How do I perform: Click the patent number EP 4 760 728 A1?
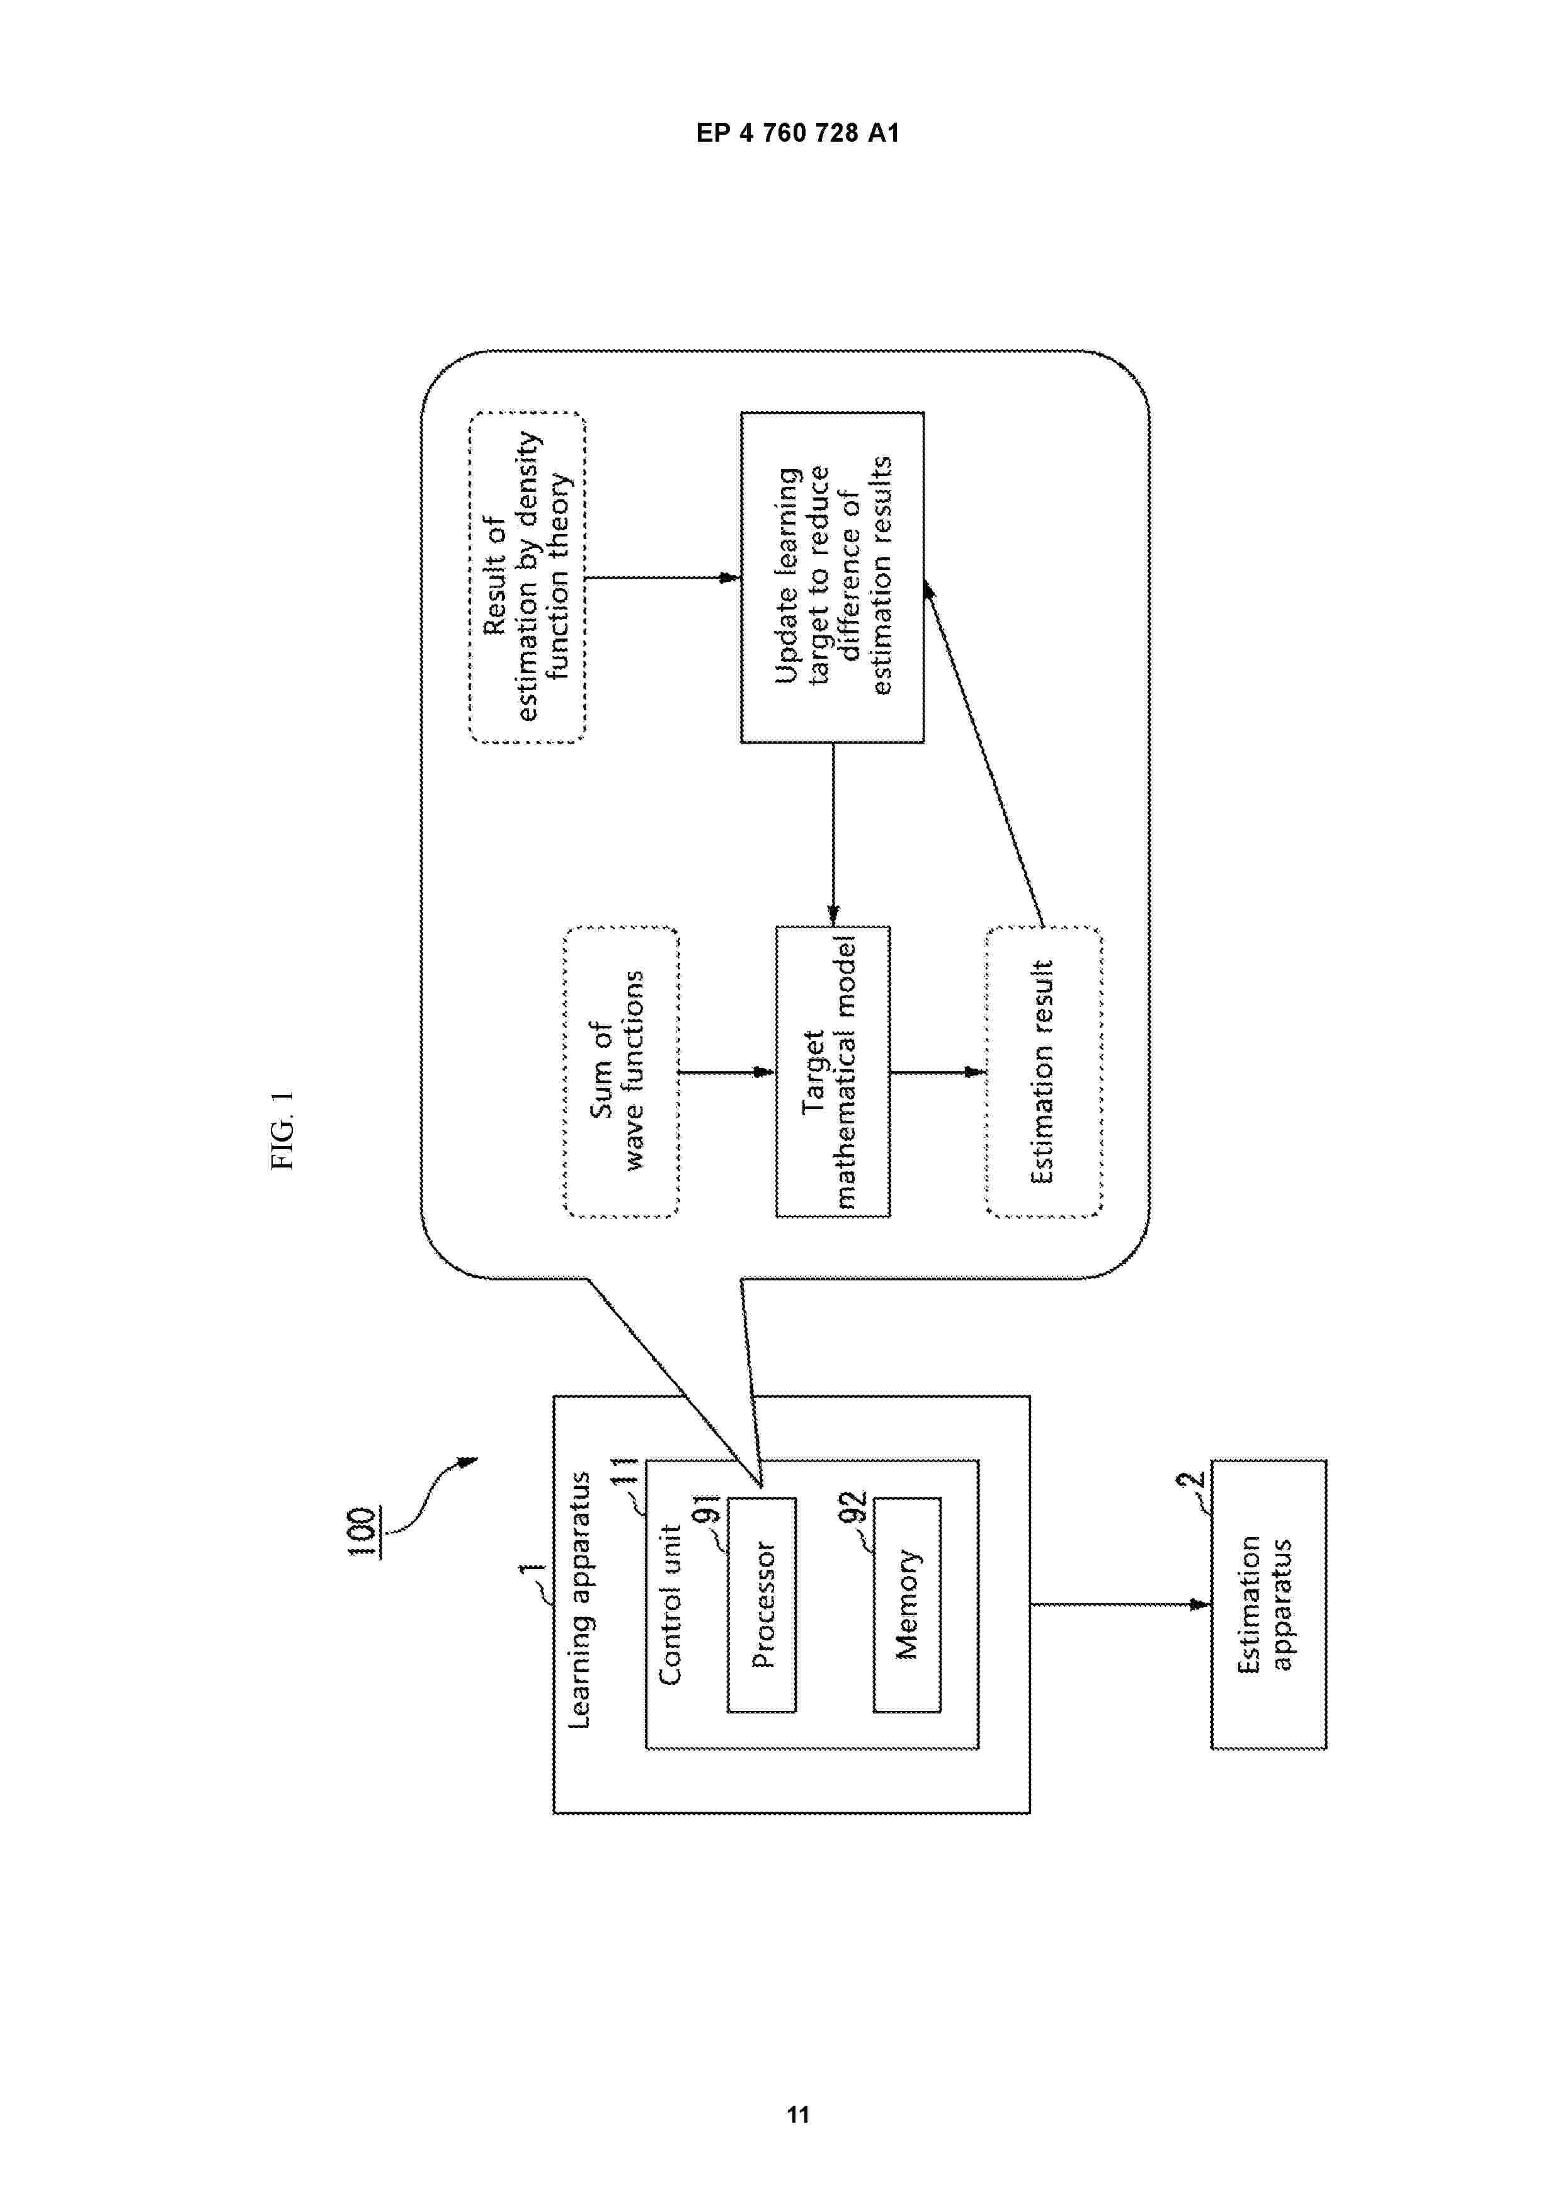click(x=798, y=133)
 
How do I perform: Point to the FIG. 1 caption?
click(x=283, y=1130)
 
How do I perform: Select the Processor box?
click(x=761, y=1604)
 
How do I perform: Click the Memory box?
click(x=906, y=1604)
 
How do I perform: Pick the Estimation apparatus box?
click(x=1268, y=1604)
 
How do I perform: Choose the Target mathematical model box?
click(x=833, y=1072)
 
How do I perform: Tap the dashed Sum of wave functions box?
click(x=621, y=1072)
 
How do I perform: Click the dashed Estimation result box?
click(x=1043, y=1072)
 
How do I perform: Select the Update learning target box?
click(x=833, y=578)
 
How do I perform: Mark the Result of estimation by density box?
click(x=527, y=577)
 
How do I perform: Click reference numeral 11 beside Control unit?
click(x=625, y=1475)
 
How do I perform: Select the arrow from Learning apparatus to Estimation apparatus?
click(x=1120, y=1604)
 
